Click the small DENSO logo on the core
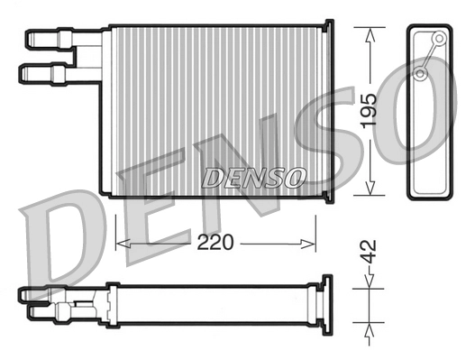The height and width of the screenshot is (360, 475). click(x=253, y=178)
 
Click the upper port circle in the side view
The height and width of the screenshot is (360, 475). click(x=439, y=39)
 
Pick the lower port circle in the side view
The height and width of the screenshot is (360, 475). click(x=422, y=73)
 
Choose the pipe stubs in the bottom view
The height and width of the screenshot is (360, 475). click(x=54, y=302)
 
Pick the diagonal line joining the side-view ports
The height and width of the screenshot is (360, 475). click(x=431, y=56)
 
